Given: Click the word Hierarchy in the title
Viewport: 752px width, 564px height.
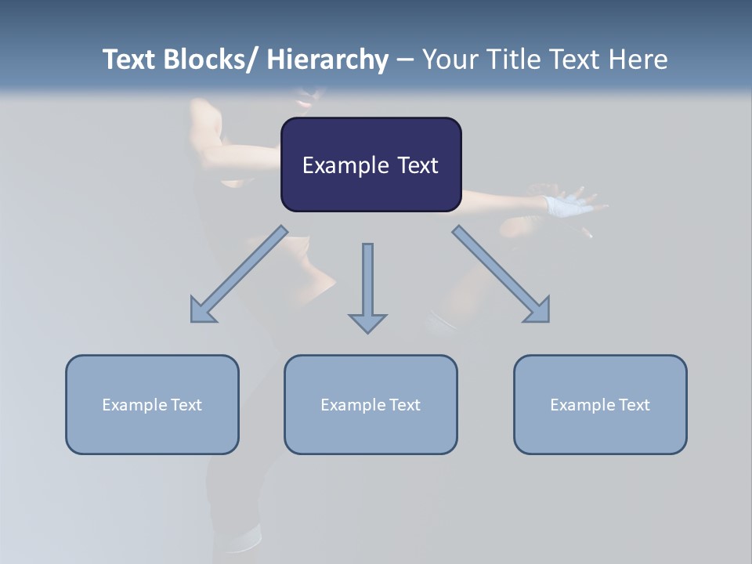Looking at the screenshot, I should click(x=327, y=60).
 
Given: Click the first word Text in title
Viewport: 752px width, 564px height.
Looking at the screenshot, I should click(x=131, y=60).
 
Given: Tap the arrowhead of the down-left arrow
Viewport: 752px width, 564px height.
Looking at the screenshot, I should click(x=201, y=311).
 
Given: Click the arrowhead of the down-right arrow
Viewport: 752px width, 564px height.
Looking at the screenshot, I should click(x=539, y=311).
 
